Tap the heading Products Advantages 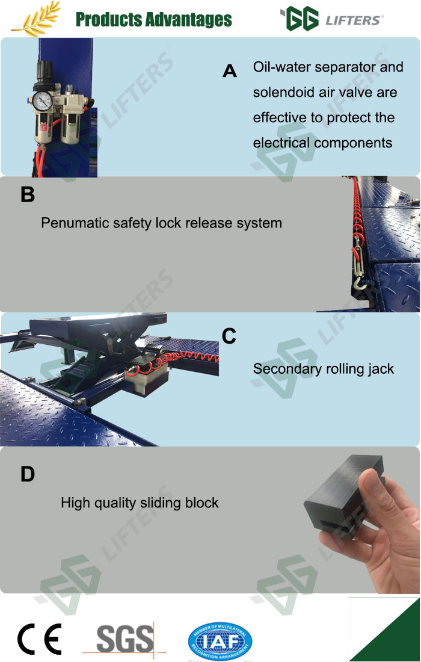point(153,19)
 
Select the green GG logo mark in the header point(299,19)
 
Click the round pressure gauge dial point(42,101)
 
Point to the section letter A point(230,71)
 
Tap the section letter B point(28,194)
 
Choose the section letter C point(229,336)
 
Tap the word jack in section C point(380,369)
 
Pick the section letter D point(28,474)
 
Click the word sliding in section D point(161,503)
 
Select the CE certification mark point(39,639)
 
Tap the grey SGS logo point(125,639)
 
